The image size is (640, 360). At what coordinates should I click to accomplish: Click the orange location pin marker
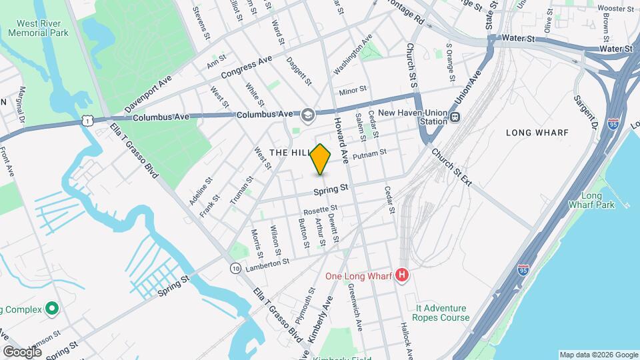[x=321, y=159]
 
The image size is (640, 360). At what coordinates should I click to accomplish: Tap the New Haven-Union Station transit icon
[x=455, y=117]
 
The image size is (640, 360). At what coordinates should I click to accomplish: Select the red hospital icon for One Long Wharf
[x=401, y=275]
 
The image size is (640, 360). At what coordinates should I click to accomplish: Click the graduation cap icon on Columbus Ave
[x=307, y=115]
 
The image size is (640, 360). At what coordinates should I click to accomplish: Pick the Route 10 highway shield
[x=236, y=267]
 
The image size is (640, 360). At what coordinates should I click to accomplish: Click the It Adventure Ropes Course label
[x=441, y=313]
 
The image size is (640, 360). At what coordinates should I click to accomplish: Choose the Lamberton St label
[x=267, y=264]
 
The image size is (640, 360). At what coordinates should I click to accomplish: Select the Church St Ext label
[x=451, y=166]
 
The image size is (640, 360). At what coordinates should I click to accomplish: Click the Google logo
[x=22, y=351]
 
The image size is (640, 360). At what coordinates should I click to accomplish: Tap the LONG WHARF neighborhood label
[x=537, y=133]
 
